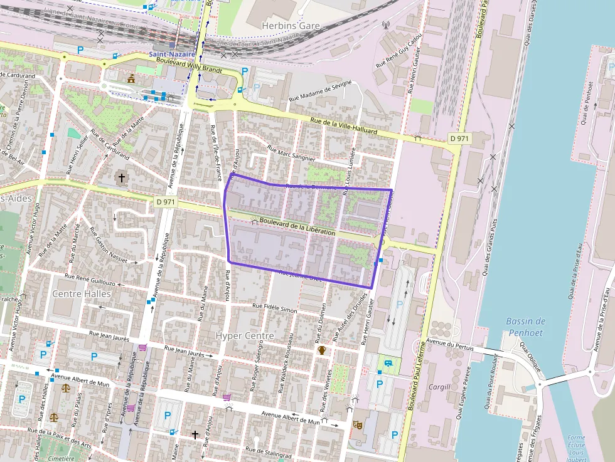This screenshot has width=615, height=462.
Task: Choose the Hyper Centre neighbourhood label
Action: (245, 336)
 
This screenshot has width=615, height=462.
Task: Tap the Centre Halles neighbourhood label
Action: (82, 293)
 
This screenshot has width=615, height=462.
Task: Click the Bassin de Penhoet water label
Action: (525, 327)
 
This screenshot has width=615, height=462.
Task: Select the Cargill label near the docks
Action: (439, 387)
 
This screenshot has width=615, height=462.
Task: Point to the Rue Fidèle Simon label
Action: (274, 307)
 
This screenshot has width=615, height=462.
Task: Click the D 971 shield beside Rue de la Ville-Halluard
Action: (459, 138)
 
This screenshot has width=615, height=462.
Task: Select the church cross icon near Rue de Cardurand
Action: (121, 178)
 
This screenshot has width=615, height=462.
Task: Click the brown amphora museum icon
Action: (322, 350)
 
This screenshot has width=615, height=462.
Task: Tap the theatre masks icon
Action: (358, 424)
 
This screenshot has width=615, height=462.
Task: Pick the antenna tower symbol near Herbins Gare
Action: (386, 26)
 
